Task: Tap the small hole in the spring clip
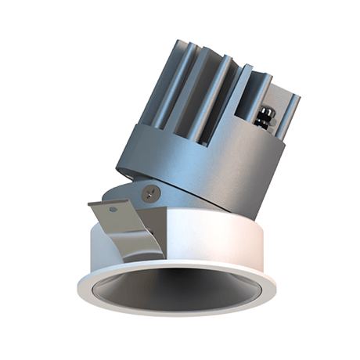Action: coord(115,210)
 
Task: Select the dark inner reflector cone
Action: coord(180,293)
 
